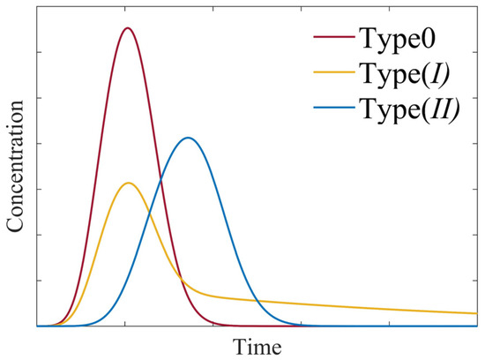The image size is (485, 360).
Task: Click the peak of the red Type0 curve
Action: coord(128,28)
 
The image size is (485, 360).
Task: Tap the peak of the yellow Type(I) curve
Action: coord(129,183)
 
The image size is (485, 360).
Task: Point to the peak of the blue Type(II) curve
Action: coord(188,138)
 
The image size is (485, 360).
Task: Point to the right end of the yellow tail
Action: coord(477,313)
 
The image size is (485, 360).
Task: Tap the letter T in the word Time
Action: coord(241,345)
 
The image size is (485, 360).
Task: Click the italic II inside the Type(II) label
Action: coord(438,111)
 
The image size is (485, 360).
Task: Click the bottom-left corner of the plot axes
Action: coord(36,326)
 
